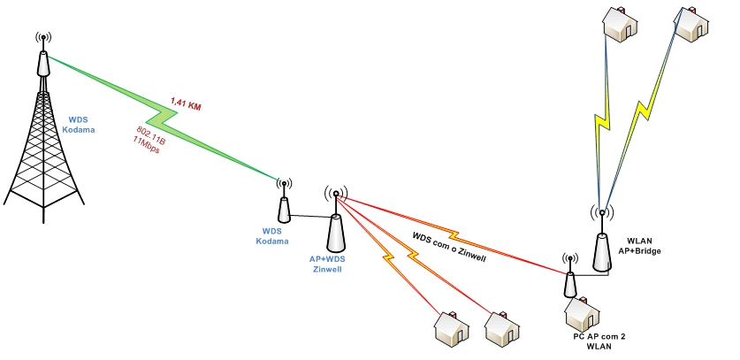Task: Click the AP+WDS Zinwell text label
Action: click(324, 264)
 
